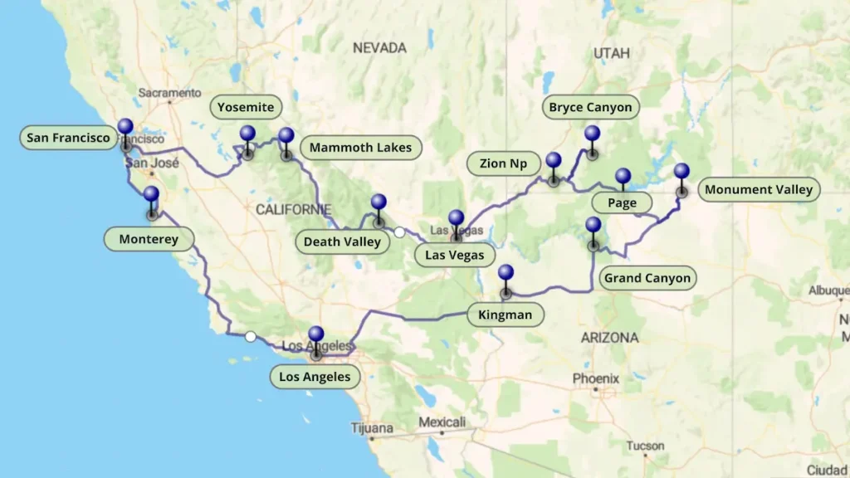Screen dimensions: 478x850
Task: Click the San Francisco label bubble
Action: [68, 138]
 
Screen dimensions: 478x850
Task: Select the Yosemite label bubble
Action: [246, 107]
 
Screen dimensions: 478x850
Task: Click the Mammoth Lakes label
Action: [360, 149]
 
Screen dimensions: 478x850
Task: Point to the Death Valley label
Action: [342, 242]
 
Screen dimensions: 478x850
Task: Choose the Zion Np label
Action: [504, 163]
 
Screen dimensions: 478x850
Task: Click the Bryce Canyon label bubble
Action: [590, 107]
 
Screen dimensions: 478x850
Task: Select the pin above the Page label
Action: [623, 177]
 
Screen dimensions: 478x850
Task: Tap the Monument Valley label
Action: [759, 190]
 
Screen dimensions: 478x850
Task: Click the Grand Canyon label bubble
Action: [647, 278]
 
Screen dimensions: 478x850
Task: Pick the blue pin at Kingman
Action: [506, 275]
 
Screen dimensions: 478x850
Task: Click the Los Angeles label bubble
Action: [315, 378]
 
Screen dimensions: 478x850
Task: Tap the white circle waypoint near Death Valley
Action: [399, 232]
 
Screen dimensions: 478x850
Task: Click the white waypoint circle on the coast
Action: [250, 336]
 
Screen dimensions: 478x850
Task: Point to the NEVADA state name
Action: [379, 48]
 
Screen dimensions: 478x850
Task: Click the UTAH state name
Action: [612, 54]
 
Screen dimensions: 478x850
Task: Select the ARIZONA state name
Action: [610, 338]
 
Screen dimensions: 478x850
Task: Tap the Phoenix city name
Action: [595, 378]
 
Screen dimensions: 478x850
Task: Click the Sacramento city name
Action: [169, 93]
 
